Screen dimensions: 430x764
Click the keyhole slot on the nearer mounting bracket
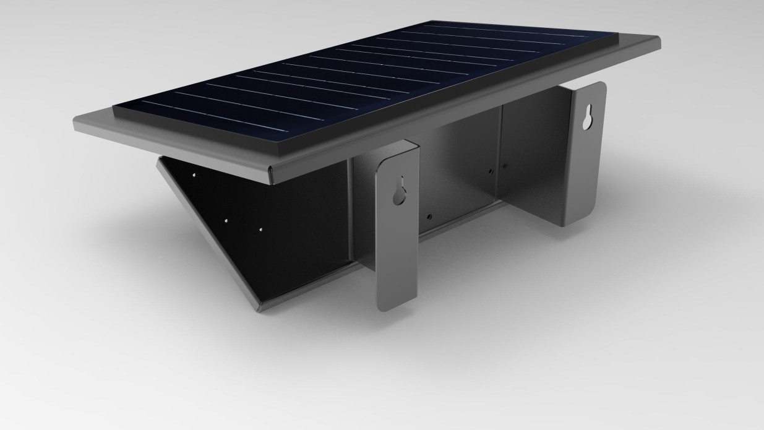click(x=400, y=191)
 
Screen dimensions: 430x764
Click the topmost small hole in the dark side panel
click(x=194, y=175)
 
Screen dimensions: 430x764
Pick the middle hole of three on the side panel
click(x=226, y=220)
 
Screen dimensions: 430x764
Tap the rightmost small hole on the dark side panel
click(x=260, y=229)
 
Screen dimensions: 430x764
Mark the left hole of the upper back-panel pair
click(x=491, y=171)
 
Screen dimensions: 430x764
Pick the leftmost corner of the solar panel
click(x=114, y=110)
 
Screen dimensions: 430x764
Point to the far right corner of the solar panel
click(x=619, y=33)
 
